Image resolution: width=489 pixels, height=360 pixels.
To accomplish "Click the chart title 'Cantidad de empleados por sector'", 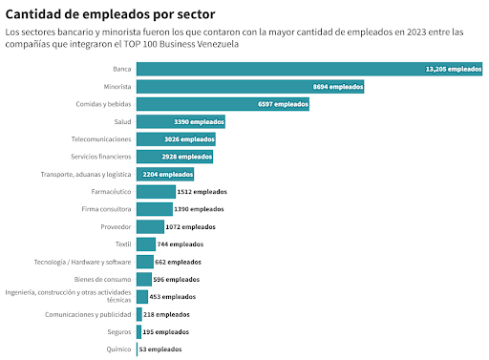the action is [110, 14].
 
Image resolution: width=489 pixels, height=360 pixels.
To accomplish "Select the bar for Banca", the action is [309, 69].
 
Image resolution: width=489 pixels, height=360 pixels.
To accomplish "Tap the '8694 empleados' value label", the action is [338, 87].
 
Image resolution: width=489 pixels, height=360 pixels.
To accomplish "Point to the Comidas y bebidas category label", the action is [103, 104].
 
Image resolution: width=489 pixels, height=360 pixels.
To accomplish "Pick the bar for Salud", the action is [181, 121].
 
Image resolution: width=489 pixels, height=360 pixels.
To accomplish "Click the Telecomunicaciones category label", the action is [101, 139].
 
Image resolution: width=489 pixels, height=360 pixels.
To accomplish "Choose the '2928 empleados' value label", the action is [187, 157].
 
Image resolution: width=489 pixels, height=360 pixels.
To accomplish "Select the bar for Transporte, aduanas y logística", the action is [165, 174].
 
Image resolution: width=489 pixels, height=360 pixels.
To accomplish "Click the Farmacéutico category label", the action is [111, 192].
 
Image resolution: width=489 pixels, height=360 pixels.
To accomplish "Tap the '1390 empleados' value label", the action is [199, 209].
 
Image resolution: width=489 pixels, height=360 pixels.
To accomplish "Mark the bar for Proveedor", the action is [150, 226].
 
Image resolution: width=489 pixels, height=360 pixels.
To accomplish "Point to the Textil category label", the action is [123, 244].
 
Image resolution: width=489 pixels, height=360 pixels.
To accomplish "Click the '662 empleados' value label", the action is [178, 262].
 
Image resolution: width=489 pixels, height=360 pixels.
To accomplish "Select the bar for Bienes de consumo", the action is [144, 279].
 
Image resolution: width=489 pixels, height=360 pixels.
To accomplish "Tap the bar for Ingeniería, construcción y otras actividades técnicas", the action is [142, 297].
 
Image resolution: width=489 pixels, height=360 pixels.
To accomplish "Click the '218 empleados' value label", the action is [166, 314].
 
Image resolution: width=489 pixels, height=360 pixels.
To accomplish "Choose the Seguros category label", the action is [119, 332].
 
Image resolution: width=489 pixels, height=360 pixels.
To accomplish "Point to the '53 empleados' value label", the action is [160, 349].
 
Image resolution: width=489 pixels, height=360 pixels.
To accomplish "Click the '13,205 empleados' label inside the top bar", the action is [454, 69].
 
